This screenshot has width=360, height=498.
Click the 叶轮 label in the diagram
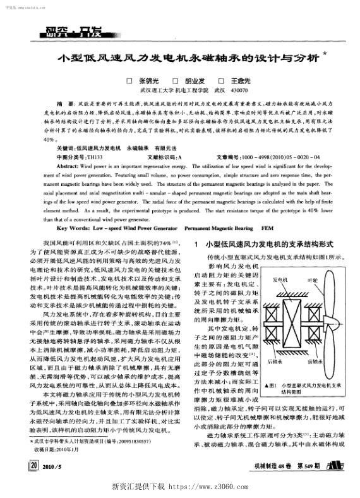pos(311,279)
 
